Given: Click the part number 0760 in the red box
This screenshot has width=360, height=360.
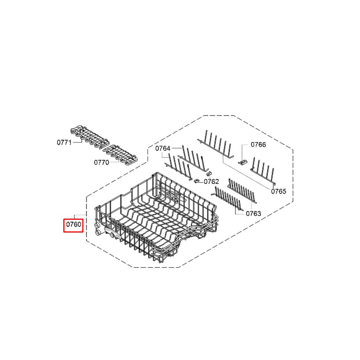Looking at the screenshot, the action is tap(73, 224).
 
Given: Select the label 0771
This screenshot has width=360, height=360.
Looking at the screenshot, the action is tap(64, 142).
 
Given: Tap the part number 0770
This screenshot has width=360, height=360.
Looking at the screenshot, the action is tap(102, 162).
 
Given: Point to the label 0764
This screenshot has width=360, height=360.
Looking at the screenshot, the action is tap(163, 148).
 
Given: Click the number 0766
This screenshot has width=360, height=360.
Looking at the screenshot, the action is tap(258, 144).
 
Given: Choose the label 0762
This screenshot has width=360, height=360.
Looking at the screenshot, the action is tap(211, 181).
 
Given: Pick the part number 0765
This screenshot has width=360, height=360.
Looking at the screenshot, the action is tap(279, 191).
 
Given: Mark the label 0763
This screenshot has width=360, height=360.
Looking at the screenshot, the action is tap(253, 213).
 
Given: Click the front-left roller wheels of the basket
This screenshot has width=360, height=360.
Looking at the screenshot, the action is tap(98, 230).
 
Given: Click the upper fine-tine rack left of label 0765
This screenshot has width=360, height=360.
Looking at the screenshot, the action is tap(242, 190).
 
